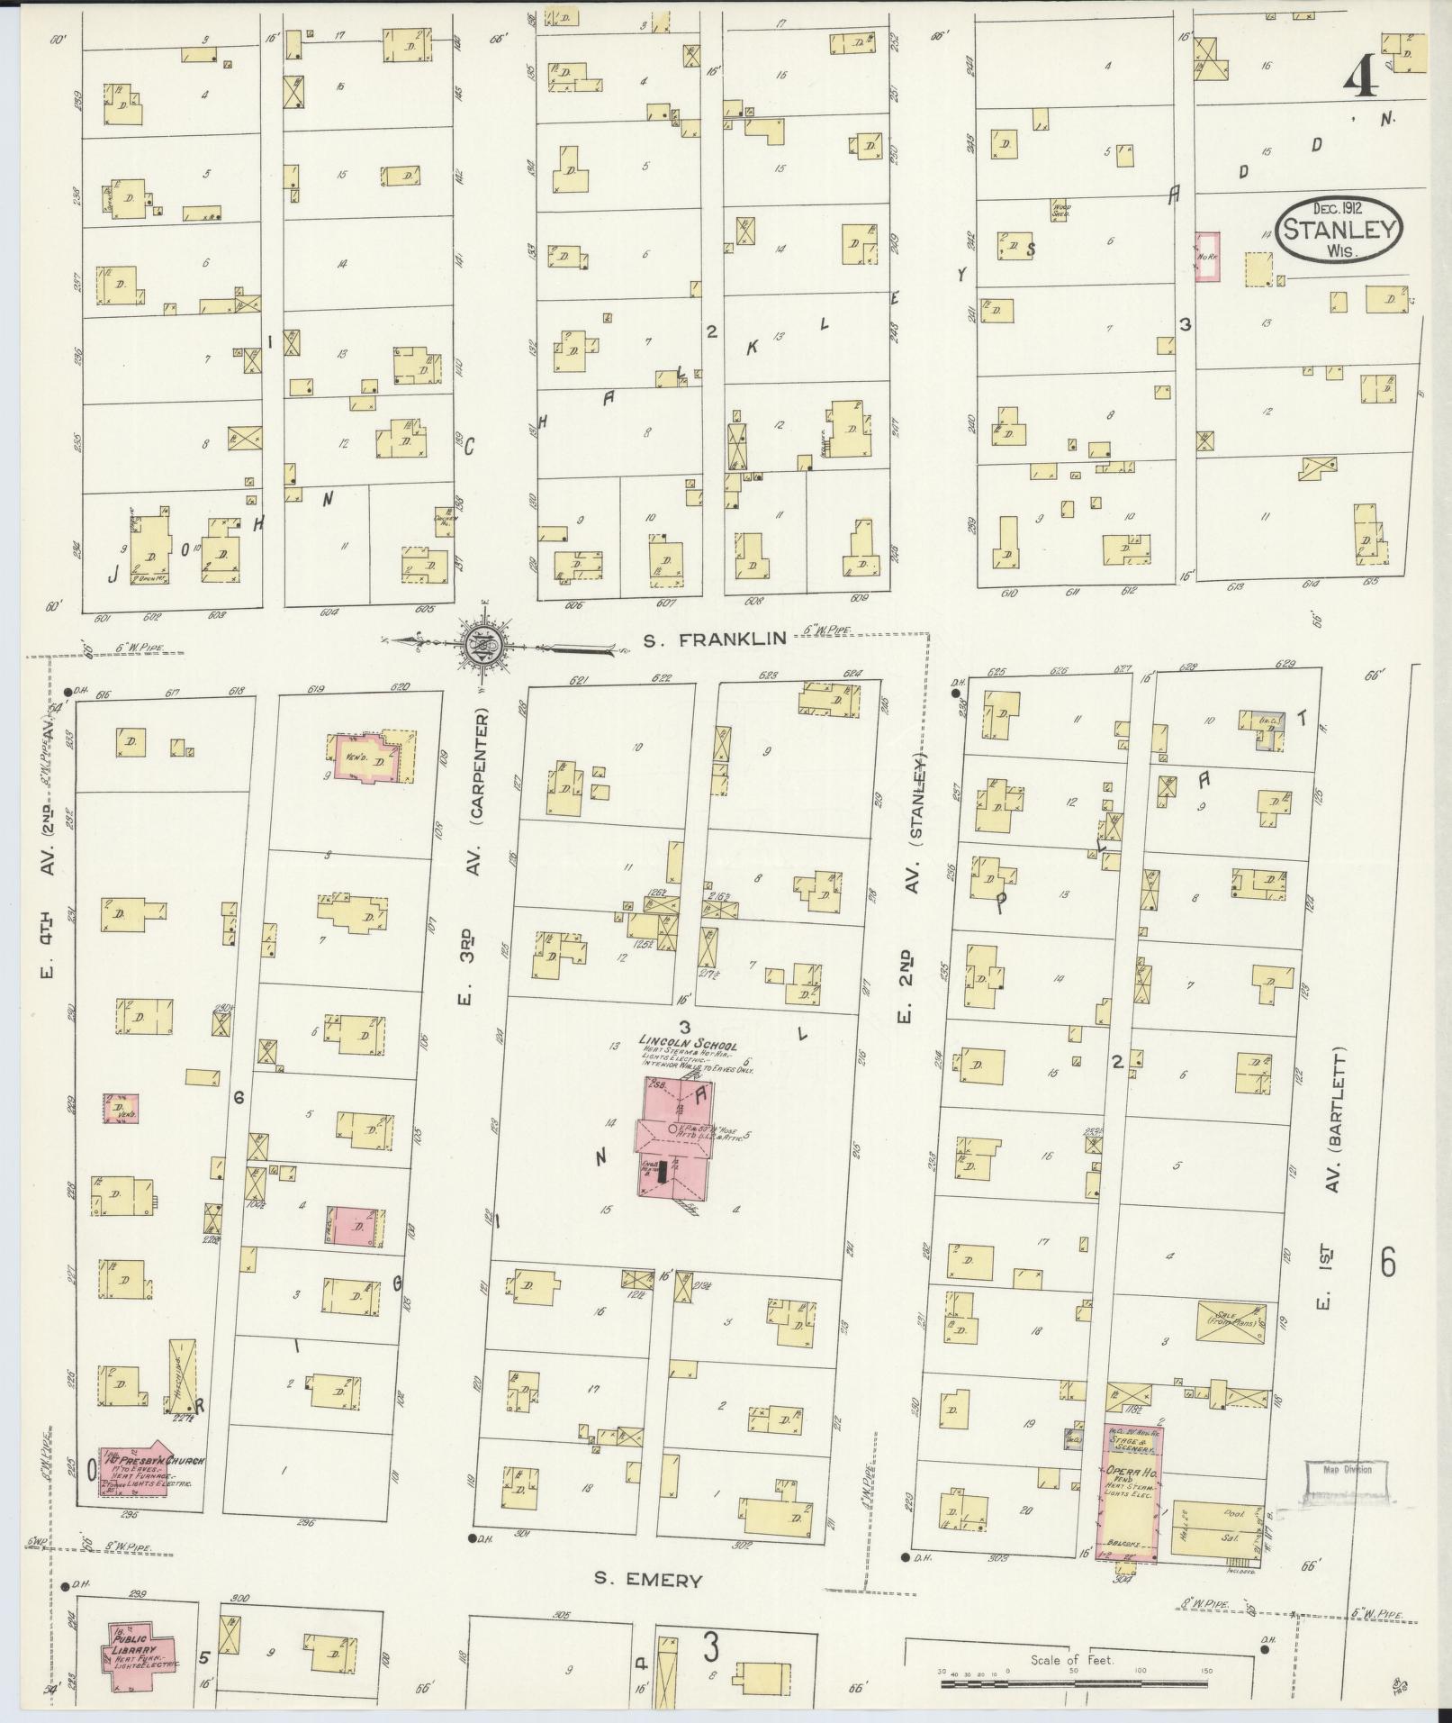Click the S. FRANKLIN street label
click(x=716, y=639)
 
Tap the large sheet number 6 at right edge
click(x=1387, y=1264)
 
